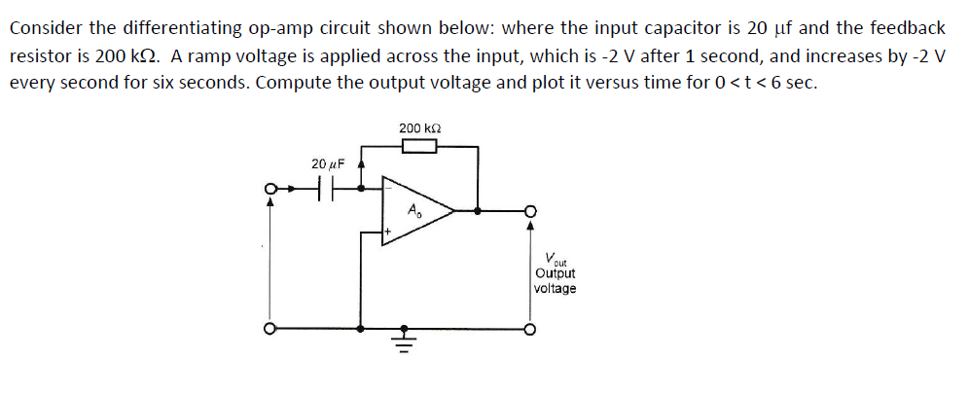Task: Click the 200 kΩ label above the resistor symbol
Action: tap(418, 127)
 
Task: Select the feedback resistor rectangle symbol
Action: tap(418, 147)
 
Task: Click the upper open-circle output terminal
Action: tap(530, 210)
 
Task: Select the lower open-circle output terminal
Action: tap(530, 329)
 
